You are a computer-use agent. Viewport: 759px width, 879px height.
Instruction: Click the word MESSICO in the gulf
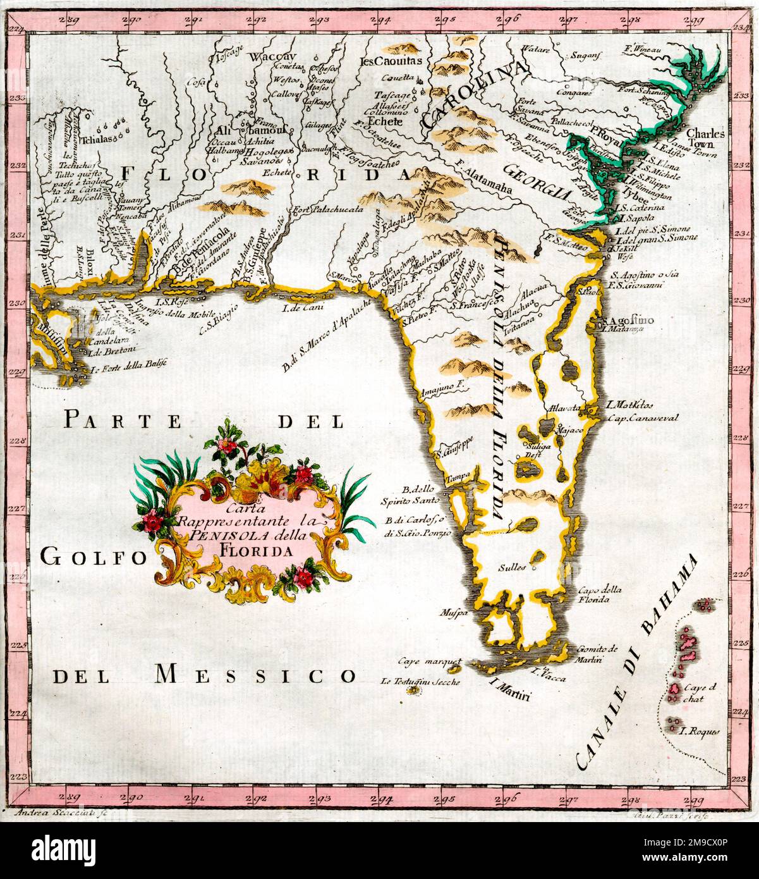(256, 675)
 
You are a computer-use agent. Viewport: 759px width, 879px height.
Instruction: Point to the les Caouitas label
(390, 61)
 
